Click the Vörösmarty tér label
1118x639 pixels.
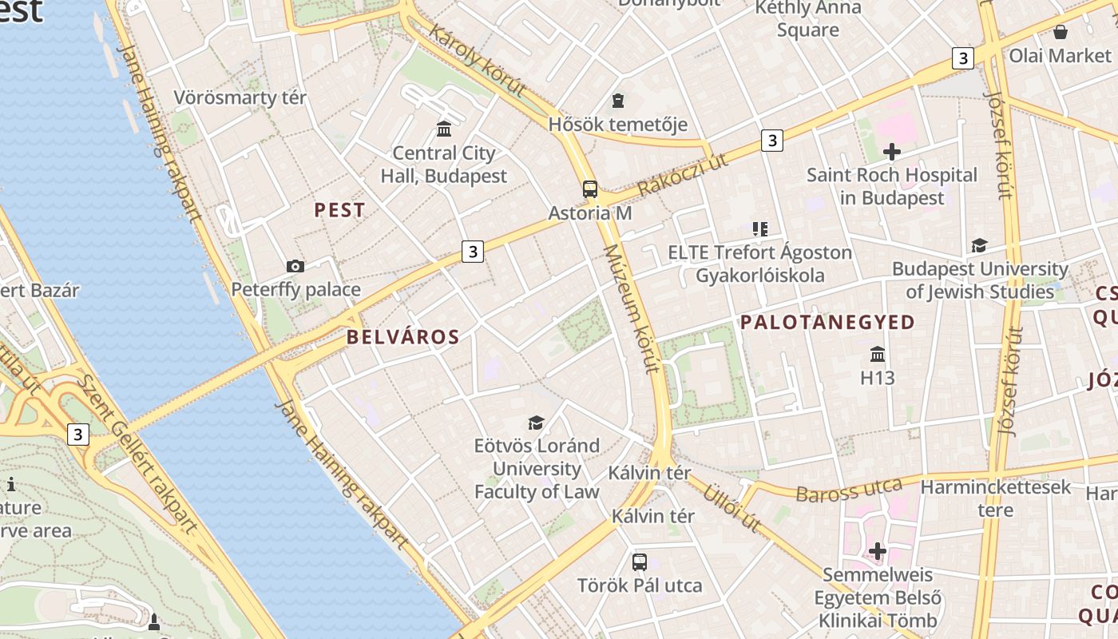(240, 98)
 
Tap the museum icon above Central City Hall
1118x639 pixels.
(444, 129)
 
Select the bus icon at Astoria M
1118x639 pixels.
(590, 189)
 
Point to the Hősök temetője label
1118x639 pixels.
(617, 125)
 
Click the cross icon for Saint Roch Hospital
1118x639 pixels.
(892, 151)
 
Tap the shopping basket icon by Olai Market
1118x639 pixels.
(1061, 32)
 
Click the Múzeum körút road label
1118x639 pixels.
(631, 308)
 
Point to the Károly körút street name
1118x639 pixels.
(477, 61)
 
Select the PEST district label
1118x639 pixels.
(339, 210)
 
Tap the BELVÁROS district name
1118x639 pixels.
(403, 337)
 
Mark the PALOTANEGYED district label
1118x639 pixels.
(827, 322)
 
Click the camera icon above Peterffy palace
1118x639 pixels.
(295, 266)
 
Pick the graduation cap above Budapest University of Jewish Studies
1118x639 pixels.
(979, 245)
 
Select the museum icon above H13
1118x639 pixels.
(878, 354)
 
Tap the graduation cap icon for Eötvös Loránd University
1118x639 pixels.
(536, 423)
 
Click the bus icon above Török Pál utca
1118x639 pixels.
(640, 562)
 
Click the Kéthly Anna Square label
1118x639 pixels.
(808, 19)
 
